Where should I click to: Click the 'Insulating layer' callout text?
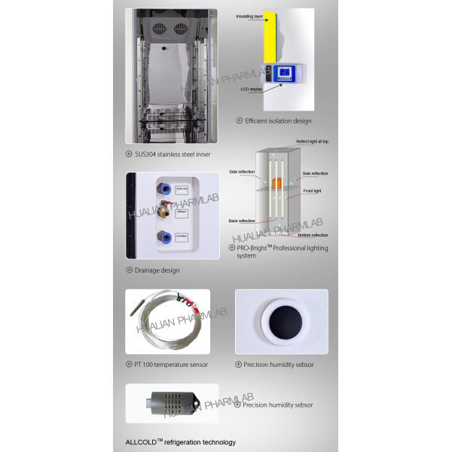251,16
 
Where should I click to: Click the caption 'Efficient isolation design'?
278,121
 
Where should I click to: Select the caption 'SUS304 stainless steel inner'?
173,154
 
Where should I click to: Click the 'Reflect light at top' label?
312,141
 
